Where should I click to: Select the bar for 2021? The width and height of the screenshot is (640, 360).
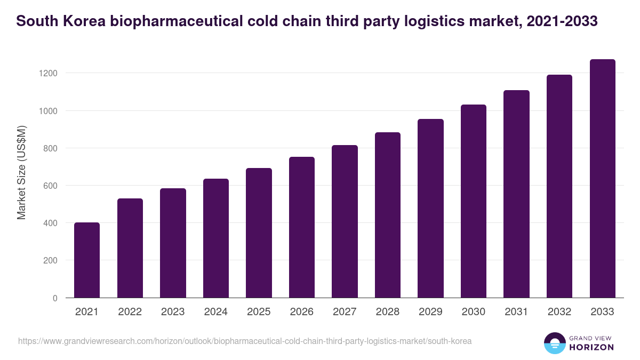click(x=87, y=260)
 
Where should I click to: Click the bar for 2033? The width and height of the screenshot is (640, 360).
click(x=602, y=179)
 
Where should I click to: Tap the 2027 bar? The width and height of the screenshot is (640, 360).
click(x=345, y=221)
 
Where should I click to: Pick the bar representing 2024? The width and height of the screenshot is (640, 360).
click(x=216, y=238)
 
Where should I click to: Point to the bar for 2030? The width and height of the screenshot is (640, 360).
click(x=474, y=201)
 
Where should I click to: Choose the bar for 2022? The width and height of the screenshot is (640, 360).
click(x=130, y=248)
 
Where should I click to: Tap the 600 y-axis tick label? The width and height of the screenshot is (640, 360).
click(x=50, y=186)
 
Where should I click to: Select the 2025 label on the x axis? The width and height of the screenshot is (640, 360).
click(x=259, y=312)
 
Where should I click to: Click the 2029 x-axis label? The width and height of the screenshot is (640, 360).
click(x=430, y=312)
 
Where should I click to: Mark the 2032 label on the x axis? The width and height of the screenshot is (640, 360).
click(x=559, y=312)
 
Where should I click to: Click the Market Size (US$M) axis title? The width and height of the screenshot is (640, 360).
click(x=21, y=172)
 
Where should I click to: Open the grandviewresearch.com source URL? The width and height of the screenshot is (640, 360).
click(x=245, y=341)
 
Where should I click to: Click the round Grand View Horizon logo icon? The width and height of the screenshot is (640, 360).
click(x=554, y=343)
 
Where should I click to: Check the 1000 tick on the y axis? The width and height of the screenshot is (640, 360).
click(x=47, y=111)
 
